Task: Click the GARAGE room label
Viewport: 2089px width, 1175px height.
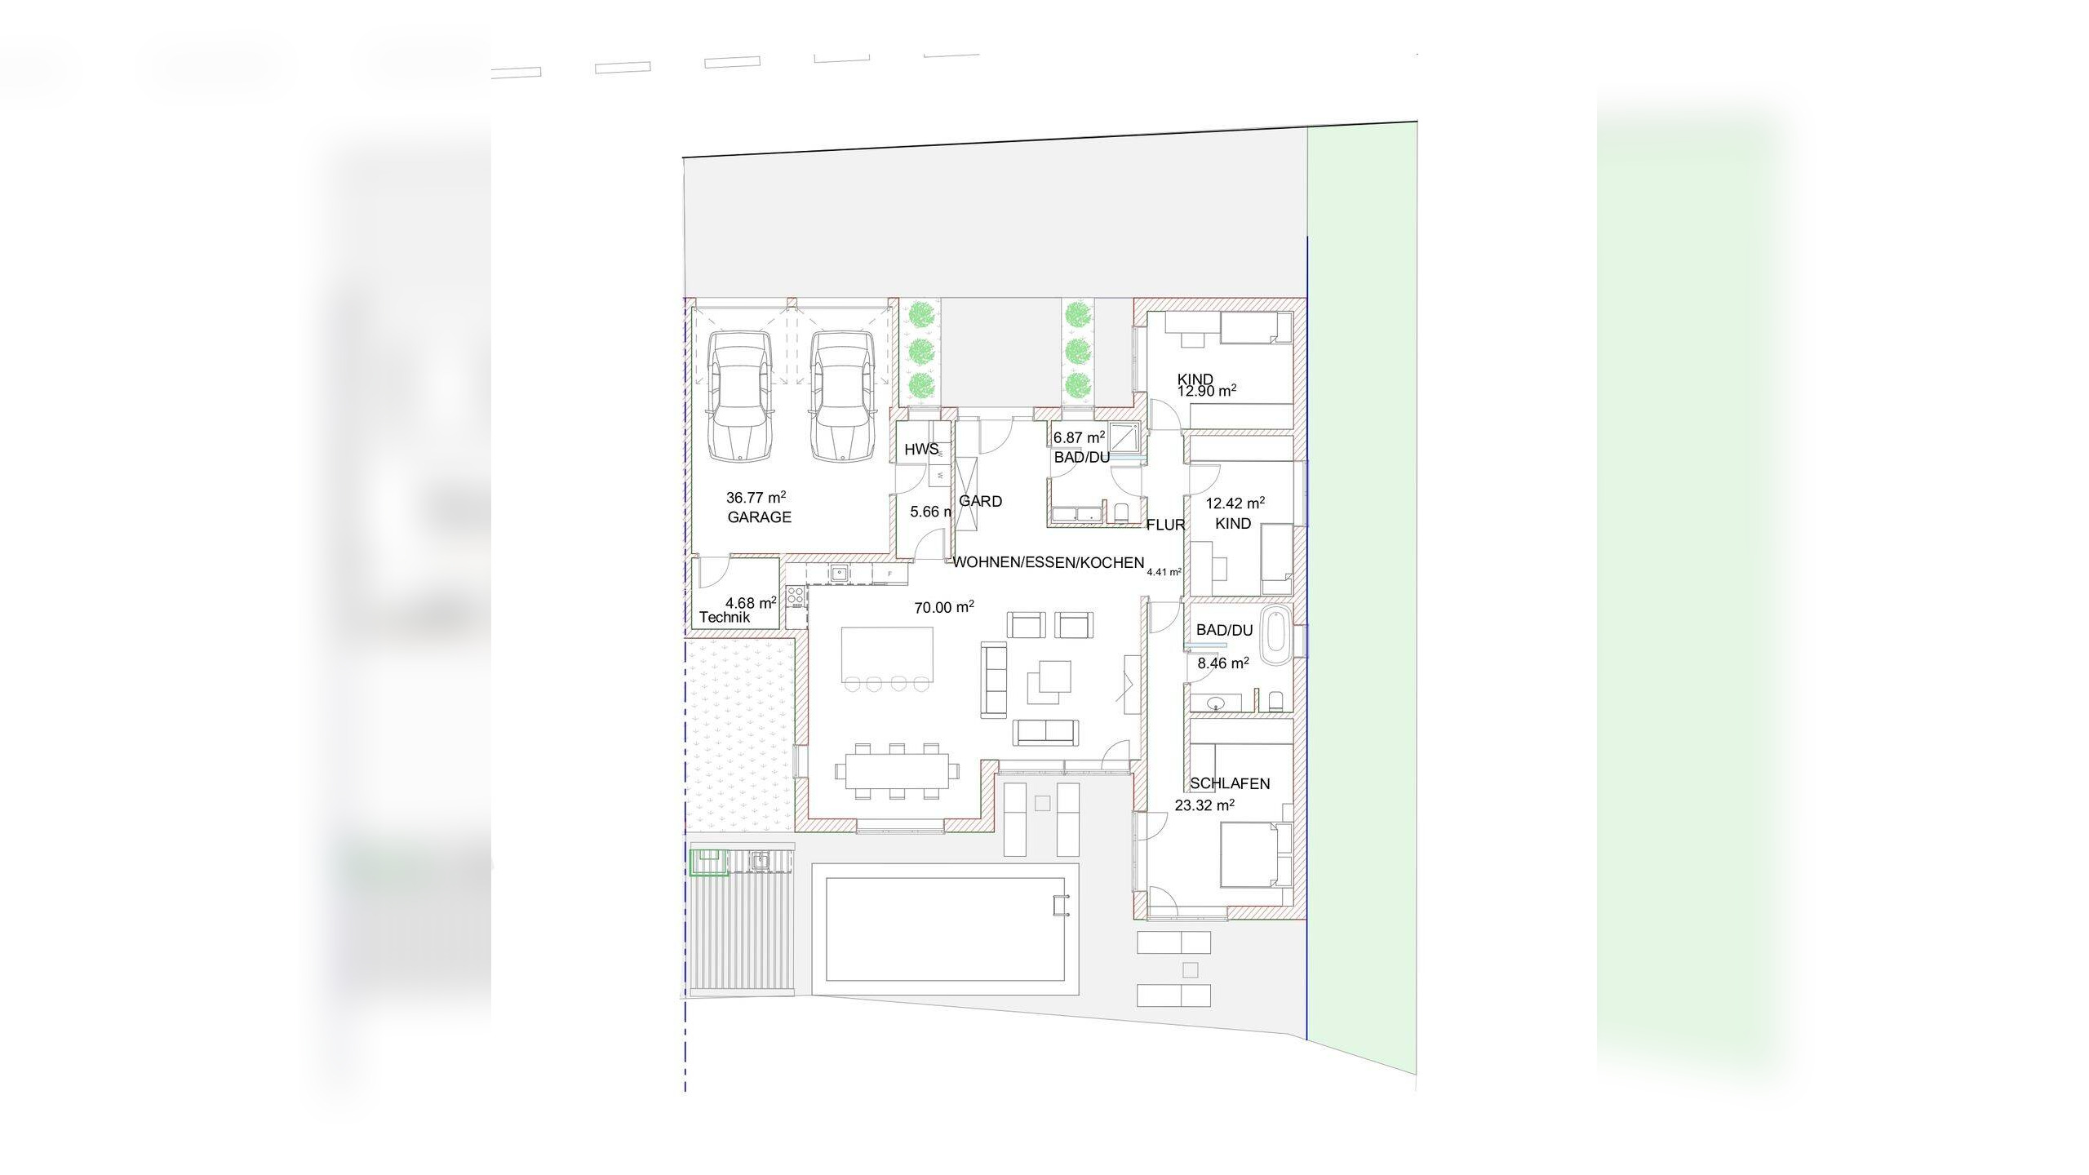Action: click(759, 517)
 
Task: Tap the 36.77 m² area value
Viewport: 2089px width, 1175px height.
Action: click(756, 496)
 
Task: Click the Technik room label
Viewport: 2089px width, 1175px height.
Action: click(725, 618)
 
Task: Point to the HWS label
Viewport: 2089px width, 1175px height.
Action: click(921, 450)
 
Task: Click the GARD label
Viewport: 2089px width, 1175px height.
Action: click(980, 501)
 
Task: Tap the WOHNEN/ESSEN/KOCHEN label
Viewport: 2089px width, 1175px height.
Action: click(1049, 562)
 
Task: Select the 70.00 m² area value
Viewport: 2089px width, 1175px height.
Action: click(944, 607)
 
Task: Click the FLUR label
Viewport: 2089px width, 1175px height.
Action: click(1165, 525)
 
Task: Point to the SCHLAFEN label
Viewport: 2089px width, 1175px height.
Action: click(1230, 783)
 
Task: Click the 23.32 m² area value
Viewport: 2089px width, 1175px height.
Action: click(1204, 805)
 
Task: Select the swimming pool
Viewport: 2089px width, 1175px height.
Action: click(945, 929)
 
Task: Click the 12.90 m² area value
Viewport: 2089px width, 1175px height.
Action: click(1206, 391)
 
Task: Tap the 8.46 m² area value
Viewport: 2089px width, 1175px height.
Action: click(1223, 663)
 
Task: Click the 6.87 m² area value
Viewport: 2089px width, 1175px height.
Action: click(1079, 437)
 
